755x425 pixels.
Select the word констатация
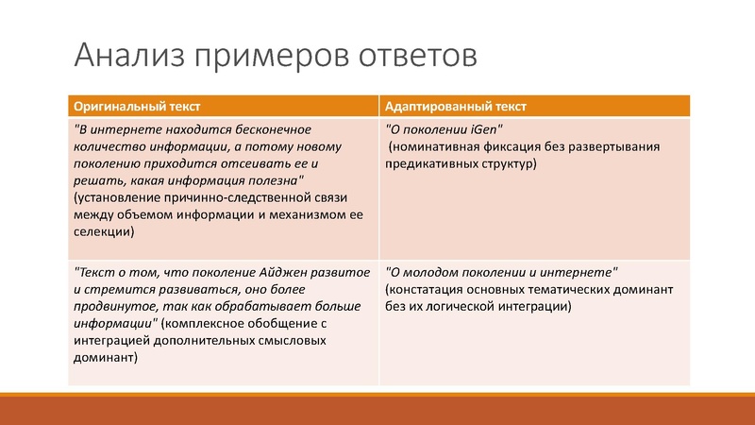[x=431, y=290]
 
